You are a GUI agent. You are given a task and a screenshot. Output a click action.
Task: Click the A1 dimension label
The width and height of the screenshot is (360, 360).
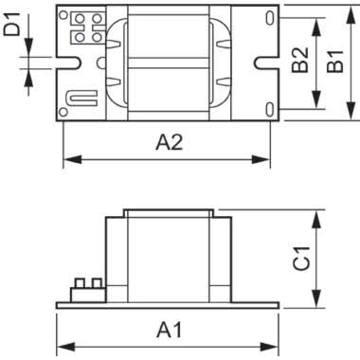[170, 330]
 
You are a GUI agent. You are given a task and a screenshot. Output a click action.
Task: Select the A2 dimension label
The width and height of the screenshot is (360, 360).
[170, 142]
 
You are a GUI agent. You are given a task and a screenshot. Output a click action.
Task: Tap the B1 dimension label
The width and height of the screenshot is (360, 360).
[335, 62]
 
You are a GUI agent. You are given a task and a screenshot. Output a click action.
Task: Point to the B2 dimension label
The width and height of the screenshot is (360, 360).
[299, 60]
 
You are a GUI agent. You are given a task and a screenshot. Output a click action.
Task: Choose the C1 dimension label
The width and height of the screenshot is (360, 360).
[301, 259]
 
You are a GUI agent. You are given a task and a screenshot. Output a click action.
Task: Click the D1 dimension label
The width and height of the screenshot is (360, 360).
[12, 24]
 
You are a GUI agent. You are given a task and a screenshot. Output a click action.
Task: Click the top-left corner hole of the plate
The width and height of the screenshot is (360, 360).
[63, 14]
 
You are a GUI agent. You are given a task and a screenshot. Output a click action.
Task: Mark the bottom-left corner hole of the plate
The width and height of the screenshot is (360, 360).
[63, 112]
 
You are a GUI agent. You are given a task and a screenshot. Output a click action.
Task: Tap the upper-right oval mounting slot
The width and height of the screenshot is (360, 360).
[269, 18]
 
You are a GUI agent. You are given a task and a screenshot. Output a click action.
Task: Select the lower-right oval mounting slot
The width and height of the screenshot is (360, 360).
[269, 109]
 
